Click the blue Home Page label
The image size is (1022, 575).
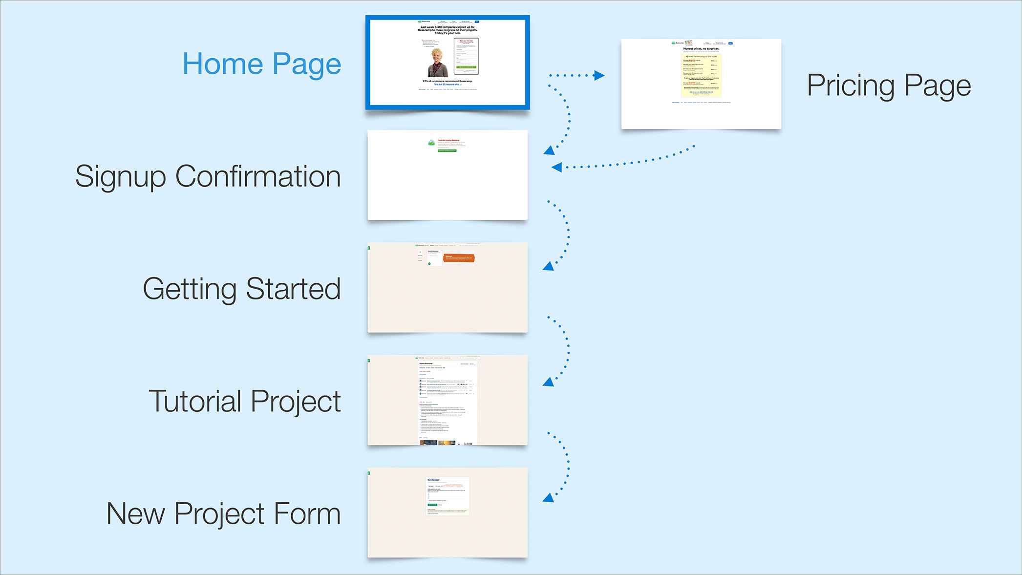click(262, 64)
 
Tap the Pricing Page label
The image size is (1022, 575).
click(889, 86)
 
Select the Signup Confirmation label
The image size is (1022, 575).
click(208, 176)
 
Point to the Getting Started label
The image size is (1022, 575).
click(242, 289)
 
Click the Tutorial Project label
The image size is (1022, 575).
click(245, 401)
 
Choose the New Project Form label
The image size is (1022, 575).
click(224, 513)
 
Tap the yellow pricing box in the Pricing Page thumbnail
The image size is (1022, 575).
click(701, 75)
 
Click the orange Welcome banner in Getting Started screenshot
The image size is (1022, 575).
click(458, 257)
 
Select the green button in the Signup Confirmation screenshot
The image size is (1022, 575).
click(447, 150)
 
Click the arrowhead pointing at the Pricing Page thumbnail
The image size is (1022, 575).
click(599, 75)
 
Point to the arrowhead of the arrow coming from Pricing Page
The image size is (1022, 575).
click(556, 167)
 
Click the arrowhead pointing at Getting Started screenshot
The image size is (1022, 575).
click(549, 266)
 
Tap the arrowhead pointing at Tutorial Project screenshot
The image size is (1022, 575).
click(549, 382)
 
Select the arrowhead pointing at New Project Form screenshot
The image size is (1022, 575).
click(549, 497)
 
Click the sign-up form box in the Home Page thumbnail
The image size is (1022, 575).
click(466, 56)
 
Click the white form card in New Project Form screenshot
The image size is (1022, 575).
click(447, 496)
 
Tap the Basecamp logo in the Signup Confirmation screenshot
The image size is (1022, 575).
click(431, 143)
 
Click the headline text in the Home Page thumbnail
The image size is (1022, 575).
click(447, 30)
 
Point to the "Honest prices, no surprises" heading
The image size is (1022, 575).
click(701, 49)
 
